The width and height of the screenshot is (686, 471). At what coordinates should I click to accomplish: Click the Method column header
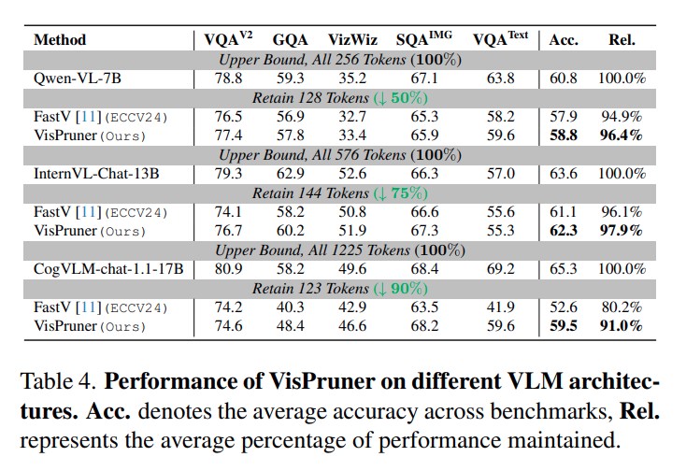[60, 40]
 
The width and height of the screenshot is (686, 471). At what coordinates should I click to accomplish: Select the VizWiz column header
[352, 40]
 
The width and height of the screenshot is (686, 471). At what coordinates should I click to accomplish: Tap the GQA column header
[290, 40]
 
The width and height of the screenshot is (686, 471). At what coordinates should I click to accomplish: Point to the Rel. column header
[622, 40]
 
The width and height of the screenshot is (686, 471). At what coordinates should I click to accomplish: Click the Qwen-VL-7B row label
[78, 78]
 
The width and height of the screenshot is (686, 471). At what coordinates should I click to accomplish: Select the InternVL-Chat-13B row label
[96, 174]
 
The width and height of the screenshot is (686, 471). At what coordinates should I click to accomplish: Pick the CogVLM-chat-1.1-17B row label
[108, 268]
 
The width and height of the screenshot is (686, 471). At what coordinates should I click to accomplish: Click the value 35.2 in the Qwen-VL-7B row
[352, 78]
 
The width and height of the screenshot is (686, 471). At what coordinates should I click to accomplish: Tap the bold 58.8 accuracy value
[564, 136]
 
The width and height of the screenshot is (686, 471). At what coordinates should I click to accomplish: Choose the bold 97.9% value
[622, 231]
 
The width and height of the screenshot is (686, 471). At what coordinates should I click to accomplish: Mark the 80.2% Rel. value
[622, 307]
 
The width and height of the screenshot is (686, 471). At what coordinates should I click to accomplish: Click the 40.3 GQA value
[290, 307]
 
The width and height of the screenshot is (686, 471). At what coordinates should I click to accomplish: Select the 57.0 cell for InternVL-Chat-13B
[501, 174]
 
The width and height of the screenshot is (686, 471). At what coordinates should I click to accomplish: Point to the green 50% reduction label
[400, 98]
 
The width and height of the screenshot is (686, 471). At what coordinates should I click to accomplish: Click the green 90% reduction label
[400, 289]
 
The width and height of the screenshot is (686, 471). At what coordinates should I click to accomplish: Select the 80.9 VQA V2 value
[228, 268]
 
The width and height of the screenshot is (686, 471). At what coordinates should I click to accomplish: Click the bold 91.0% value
[622, 326]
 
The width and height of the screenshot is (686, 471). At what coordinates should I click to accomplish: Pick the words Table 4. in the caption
[58, 381]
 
